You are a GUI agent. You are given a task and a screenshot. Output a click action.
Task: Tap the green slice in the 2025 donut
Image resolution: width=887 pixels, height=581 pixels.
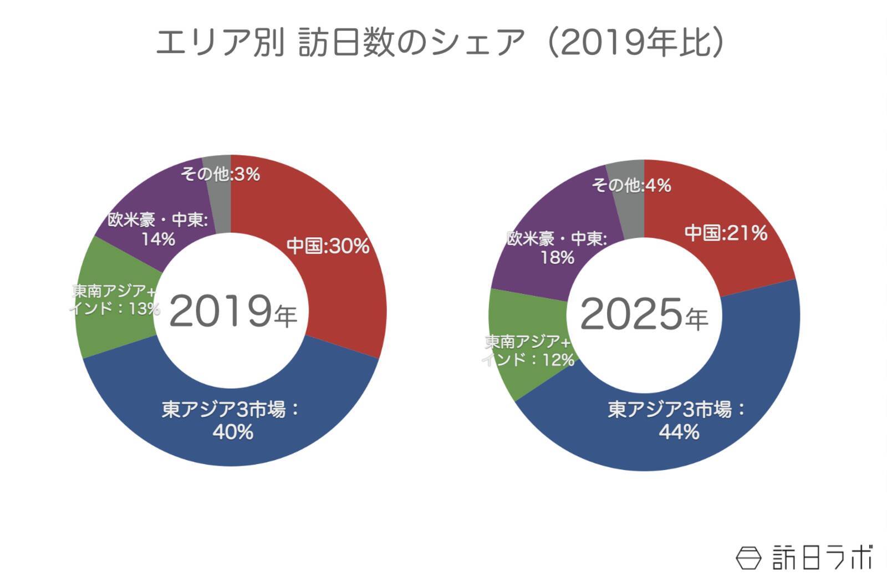tap(516, 377)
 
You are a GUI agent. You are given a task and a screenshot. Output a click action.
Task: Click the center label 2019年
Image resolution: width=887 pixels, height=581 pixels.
tap(233, 312)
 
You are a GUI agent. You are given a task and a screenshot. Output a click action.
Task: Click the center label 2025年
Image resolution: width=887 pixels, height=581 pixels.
tap(644, 315)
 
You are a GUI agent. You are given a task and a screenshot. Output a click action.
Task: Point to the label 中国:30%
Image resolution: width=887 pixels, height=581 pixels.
tap(328, 246)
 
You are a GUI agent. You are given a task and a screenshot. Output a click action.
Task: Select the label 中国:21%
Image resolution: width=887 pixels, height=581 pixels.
tap(726, 233)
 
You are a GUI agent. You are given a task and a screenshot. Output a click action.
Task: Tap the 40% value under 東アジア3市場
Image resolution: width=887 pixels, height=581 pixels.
tap(233, 432)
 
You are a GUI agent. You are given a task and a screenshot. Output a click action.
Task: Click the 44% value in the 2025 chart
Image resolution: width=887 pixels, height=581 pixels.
tap(679, 432)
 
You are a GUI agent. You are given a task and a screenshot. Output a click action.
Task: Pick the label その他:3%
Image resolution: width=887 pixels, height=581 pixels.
tap(220, 174)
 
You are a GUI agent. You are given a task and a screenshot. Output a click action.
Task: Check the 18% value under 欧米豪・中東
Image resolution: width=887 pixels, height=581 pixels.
tap(557, 258)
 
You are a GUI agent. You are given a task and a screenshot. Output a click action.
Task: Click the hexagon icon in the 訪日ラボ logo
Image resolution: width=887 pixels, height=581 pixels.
tap(749, 557)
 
